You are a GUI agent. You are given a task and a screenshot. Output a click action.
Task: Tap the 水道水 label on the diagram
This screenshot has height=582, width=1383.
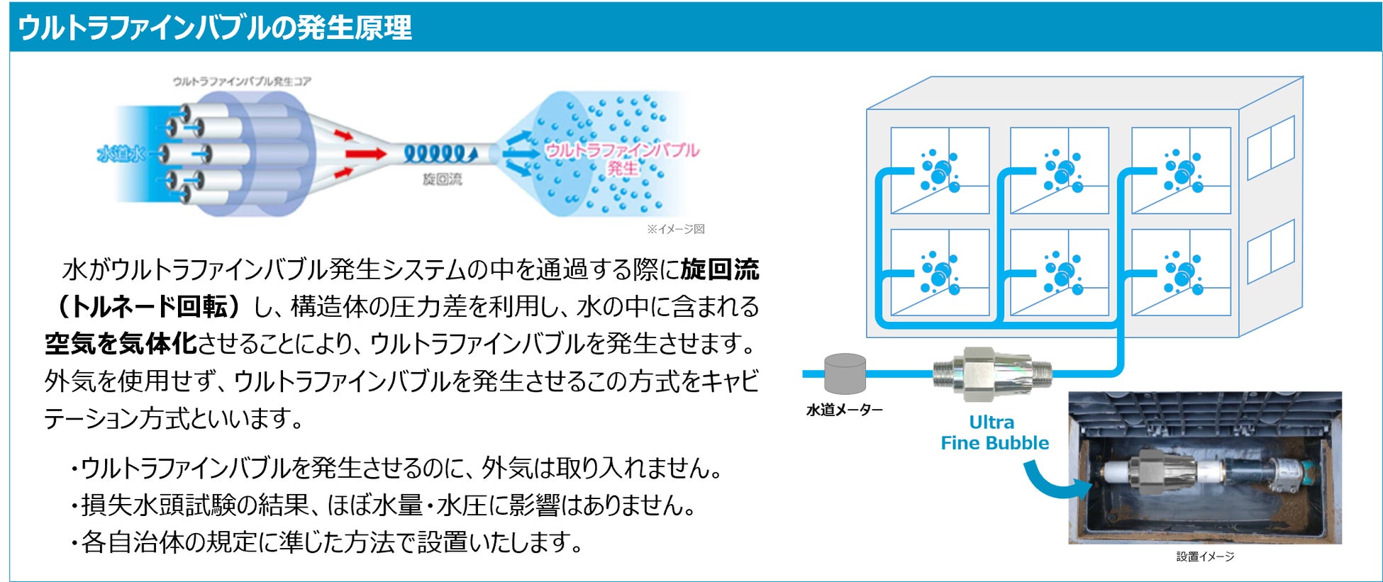pyautogui.click(x=121, y=154)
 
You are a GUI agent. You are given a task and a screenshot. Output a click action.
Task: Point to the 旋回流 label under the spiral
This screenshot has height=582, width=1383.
pyautogui.click(x=442, y=179)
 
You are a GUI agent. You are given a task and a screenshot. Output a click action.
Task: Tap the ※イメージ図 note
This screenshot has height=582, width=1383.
pyautogui.click(x=675, y=229)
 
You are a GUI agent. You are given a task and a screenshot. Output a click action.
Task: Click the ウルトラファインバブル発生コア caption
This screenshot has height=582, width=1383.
pyautogui.click(x=242, y=82)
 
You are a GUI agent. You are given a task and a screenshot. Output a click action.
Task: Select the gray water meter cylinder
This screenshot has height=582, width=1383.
pyautogui.click(x=845, y=373)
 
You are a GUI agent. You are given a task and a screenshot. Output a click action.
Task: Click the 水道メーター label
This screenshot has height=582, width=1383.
pyautogui.click(x=844, y=410)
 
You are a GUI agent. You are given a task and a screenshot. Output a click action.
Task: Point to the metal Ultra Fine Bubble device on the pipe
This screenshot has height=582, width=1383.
pyautogui.click(x=992, y=374)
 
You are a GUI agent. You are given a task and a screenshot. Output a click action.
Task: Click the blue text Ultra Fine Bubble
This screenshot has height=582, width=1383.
pyautogui.click(x=994, y=432)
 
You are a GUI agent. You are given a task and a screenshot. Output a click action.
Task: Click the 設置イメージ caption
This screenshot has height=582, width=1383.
pyautogui.click(x=1205, y=556)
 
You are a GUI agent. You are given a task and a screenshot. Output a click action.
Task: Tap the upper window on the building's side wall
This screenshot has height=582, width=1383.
pyautogui.click(x=1270, y=147)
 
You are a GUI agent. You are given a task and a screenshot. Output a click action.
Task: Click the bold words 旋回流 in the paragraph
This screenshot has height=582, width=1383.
pyautogui.click(x=719, y=269)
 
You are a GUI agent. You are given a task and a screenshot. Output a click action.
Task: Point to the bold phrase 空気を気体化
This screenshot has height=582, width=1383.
pyautogui.click(x=121, y=344)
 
